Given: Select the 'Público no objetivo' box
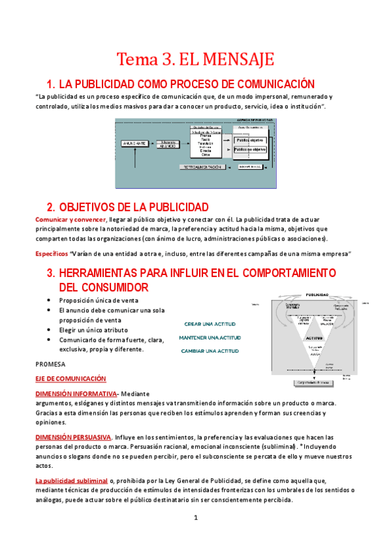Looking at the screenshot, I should tap(249, 150).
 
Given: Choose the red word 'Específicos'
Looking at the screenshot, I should tap(51, 253).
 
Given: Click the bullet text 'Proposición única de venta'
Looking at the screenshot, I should tap(97, 300).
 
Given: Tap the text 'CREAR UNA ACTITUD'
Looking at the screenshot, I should tap(210, 324).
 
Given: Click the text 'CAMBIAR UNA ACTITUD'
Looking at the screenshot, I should tap(210, 351).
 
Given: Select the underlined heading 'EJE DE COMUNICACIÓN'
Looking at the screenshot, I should tap(70, 379).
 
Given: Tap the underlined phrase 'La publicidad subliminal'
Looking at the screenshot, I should tap(71, 481).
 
